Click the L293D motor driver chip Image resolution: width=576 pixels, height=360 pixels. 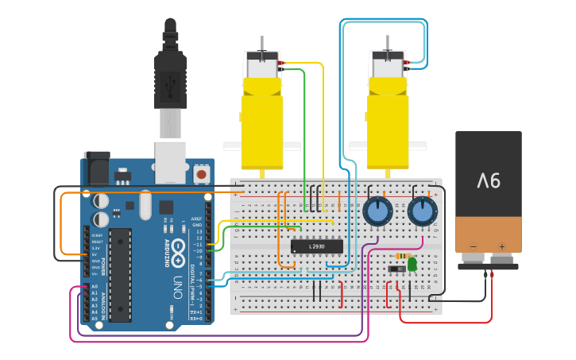317,246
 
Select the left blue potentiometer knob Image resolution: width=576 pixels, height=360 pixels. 377,213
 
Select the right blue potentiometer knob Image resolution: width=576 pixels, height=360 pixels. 423,213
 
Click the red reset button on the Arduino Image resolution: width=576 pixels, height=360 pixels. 201,172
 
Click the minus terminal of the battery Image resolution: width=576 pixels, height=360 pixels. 474,246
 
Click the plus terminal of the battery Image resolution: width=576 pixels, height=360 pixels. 502,246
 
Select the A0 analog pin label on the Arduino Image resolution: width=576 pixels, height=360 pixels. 95,286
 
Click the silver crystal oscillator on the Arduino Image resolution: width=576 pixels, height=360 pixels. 145,205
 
